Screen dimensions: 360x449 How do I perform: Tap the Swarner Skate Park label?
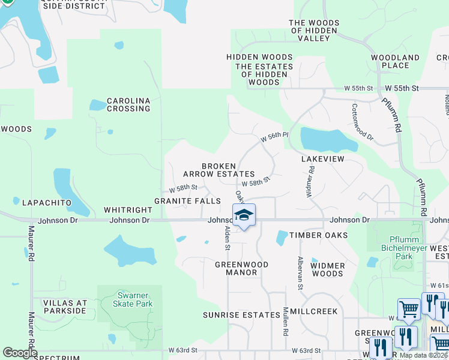click(x=130, y=299)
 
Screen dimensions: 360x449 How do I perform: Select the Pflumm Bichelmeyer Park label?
click(x=397, y=247)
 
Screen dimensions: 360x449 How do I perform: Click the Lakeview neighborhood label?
click(x=323, y=159)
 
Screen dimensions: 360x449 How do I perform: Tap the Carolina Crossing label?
click(x=128, y=105)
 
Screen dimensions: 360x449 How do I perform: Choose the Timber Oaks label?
click(x=318, y=235)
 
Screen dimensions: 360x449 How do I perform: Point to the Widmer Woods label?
click(x=328, y=269)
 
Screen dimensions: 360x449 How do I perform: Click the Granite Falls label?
click(x=187, y=200)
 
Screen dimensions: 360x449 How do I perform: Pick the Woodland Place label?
click(x=395, y=61)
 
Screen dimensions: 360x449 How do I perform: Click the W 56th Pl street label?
click(x=274, y=137)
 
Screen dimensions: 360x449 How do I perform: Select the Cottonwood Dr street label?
click(x=362, y=122)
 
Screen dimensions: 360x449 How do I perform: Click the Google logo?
click(x=20, y=353)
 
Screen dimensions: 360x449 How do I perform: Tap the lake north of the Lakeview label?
click(x=328, y=140)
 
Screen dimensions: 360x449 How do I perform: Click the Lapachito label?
click(x=47, y=203)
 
